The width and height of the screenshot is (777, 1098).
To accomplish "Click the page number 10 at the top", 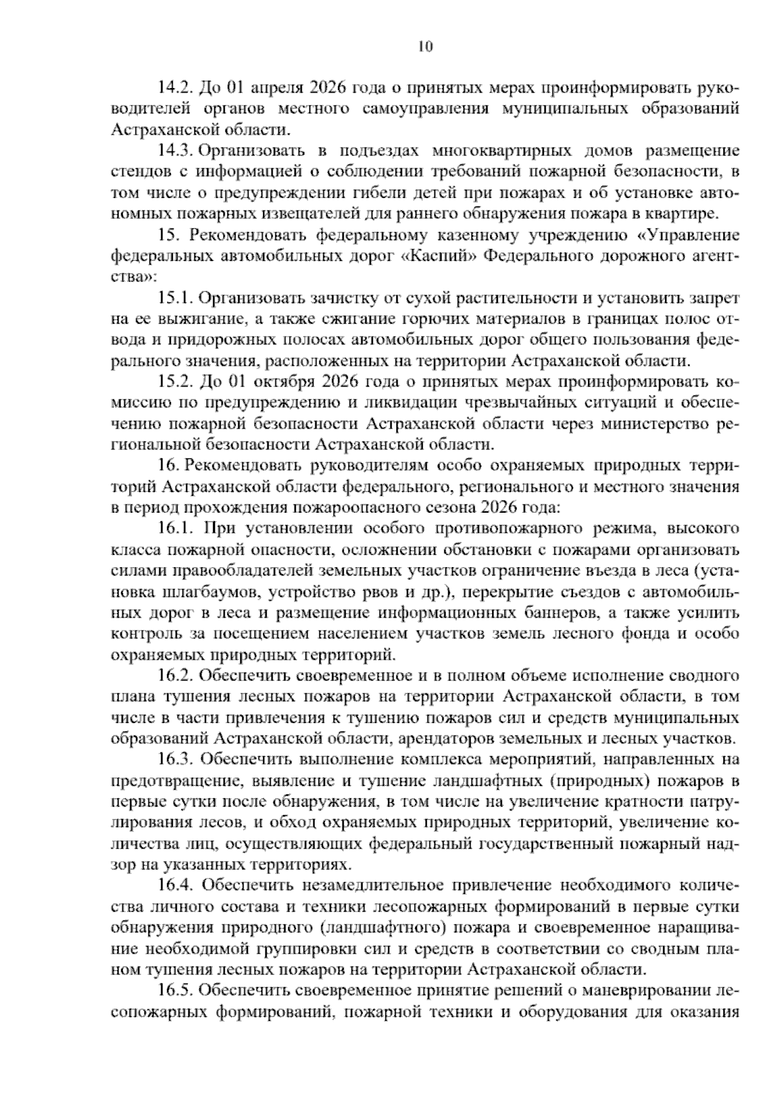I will (x=425, y=47).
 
